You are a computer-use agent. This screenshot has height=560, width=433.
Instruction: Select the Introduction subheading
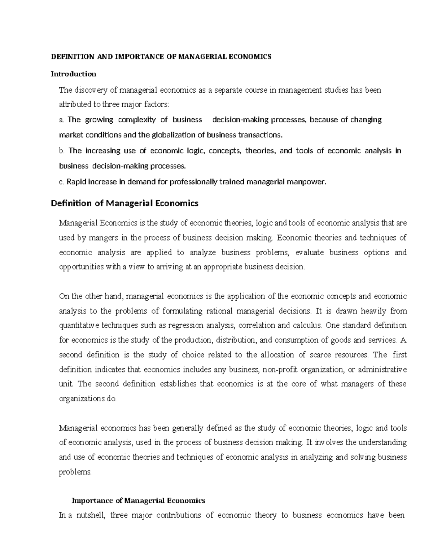coord(73,74)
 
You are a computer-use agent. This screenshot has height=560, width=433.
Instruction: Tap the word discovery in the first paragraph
coord(91,90)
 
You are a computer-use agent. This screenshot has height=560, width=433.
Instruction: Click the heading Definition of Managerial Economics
coord(124,203)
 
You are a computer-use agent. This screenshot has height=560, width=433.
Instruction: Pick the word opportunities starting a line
coord(81,267)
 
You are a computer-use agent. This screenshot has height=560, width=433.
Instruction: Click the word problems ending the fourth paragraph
coord(75,472)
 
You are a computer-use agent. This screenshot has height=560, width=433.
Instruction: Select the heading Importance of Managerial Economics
coord(139,501)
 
